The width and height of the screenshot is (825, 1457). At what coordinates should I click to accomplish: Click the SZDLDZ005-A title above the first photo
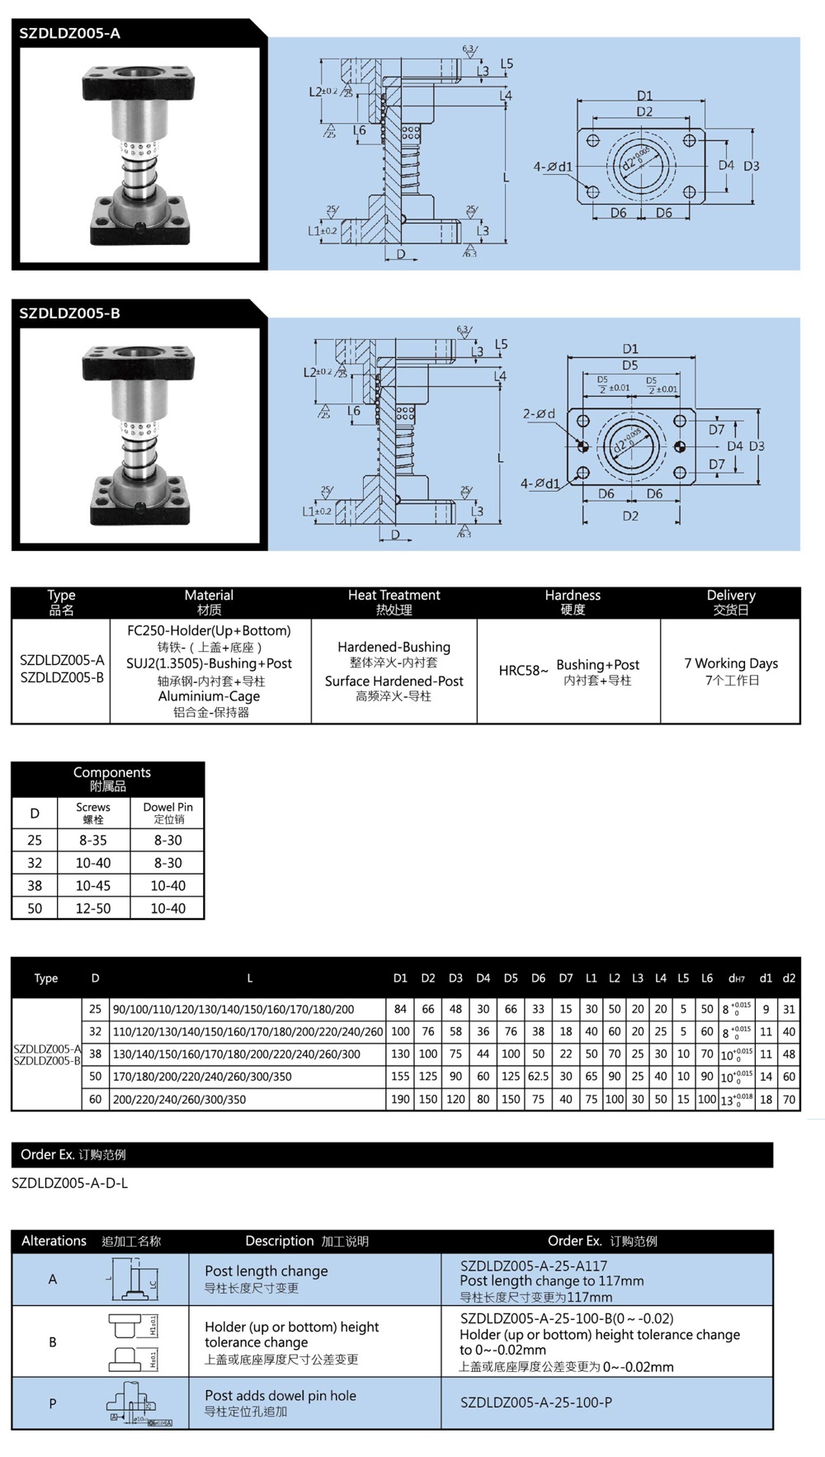[x=70, y=34]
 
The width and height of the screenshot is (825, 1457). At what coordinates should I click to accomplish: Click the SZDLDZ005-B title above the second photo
[x=70, y=314]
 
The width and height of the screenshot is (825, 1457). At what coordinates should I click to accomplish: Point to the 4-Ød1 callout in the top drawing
[x=552, y=167]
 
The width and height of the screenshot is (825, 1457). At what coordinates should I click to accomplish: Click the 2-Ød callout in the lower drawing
[x=539, y=414]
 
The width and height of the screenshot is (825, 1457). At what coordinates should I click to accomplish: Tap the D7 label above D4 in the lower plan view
[x=716, y=429]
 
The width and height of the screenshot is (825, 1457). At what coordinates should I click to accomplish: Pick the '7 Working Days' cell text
[x=730, y=663]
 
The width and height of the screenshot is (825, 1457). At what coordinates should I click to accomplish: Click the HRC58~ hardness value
[x=523, y=671]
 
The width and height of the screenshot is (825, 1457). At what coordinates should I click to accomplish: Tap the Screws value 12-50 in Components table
[x=93, y=908]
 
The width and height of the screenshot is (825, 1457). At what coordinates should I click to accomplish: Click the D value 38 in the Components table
[x=35, y=885]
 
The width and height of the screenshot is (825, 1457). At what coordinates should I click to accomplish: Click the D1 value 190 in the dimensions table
[x=400, y=1099]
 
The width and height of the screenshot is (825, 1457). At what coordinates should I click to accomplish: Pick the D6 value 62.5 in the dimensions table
[x=538, y=1077]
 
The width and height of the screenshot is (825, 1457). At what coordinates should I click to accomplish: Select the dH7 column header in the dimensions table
[x=736, y=978]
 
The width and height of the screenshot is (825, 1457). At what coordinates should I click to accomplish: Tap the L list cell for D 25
[x=233, y=1009]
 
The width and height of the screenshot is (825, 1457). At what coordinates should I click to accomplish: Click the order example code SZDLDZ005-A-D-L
[x=70, y=1183]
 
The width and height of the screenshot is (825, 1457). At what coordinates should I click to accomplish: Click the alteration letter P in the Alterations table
[x=53, y=1403]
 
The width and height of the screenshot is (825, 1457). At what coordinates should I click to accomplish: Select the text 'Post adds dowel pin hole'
[x=280, y=1396]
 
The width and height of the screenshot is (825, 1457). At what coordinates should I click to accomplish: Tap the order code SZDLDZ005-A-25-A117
[x=534, y=1266]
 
